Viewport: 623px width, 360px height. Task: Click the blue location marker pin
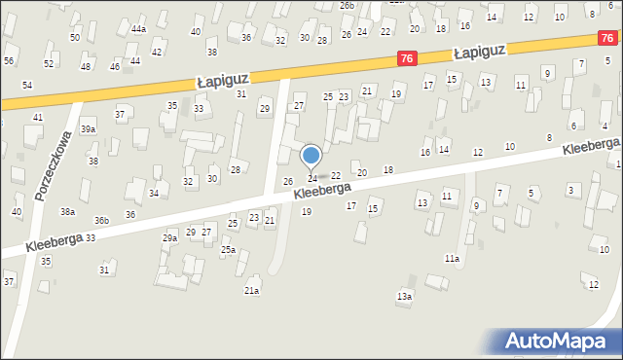coord(311,156)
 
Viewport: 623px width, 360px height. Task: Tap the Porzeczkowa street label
coord(53,166)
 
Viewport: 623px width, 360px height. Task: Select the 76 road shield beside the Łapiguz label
coord(409,60)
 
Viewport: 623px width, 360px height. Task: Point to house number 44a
coord(138,29)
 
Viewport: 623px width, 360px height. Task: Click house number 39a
coord(88,129)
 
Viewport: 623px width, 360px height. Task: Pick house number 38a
coord(67,211)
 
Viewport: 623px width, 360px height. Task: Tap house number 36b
coord(101,221)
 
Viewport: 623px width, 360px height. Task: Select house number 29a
coord(169,238)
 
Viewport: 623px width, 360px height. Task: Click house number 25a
coord(228,250)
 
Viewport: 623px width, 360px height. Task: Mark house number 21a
coord(251,291)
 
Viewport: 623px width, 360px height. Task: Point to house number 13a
coord(404,296)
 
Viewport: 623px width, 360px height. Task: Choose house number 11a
coord(452,259)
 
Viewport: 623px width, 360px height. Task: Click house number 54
coord(27,86)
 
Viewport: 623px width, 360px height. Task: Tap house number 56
coord(9,60)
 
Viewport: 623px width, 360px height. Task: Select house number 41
coord(38,118)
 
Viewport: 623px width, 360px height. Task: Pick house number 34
coord(153,194)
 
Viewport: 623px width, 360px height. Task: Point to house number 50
coord(75,37)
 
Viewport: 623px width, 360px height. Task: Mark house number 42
coord(157,52)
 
